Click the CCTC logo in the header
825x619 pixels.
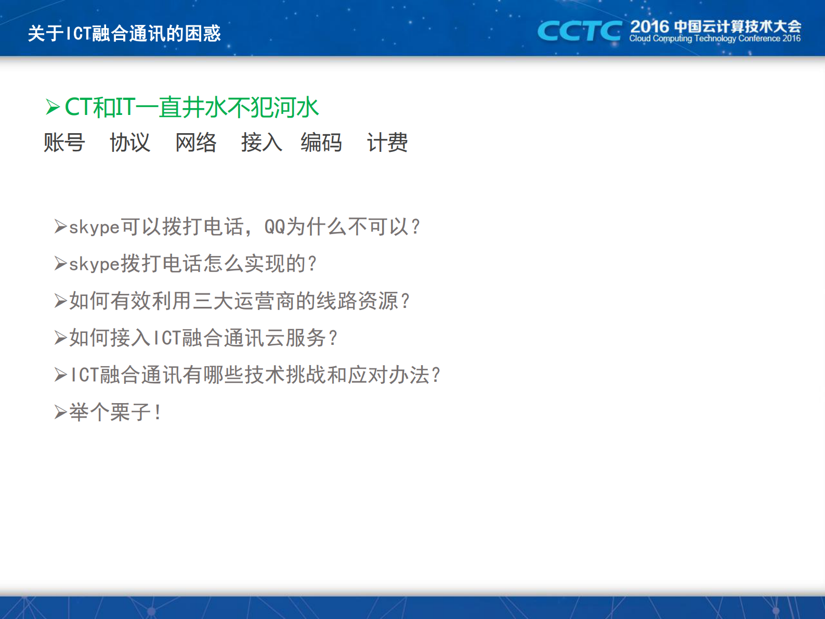579,31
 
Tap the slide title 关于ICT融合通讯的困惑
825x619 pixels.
124,33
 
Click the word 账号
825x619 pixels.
64,143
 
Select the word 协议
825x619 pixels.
130,143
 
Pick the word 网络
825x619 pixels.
196,143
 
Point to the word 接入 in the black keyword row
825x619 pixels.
261,143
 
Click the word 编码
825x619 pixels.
321,143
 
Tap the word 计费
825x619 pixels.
387,143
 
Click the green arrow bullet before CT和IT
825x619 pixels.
53,107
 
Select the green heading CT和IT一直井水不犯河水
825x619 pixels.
191,107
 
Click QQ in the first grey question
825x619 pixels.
274,227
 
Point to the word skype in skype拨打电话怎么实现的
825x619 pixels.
94,264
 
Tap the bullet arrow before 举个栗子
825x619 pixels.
61,412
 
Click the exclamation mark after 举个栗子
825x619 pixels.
158,412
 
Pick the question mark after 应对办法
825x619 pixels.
436,375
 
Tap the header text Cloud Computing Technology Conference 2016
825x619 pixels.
714,38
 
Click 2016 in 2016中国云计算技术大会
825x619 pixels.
649,26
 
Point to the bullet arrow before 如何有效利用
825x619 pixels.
61,301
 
